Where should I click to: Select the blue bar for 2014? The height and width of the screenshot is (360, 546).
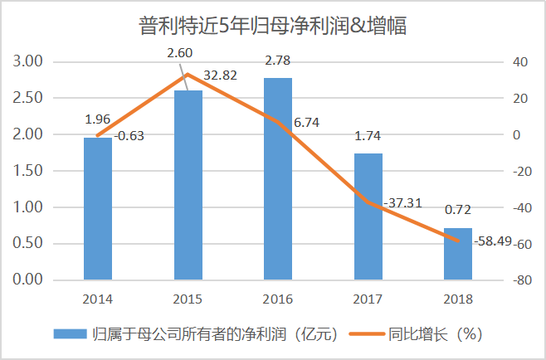coord(98,208)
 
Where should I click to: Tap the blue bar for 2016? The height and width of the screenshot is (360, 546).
coord(278,178)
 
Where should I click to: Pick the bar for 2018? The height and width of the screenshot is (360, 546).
coord(458,254)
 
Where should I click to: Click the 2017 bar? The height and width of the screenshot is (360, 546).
coord(368,216)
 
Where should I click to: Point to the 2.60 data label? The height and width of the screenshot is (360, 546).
coord(180,53)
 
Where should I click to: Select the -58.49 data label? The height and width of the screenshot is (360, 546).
coord(495,241)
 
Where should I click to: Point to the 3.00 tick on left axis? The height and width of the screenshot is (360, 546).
coord(28,61)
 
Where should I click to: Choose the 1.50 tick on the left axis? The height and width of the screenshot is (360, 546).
coord(28,171)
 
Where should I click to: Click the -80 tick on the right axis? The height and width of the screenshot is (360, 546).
coord(522,280)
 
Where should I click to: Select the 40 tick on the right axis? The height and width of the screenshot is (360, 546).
coord(520,61)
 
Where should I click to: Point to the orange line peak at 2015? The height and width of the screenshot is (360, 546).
coord(188,75)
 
